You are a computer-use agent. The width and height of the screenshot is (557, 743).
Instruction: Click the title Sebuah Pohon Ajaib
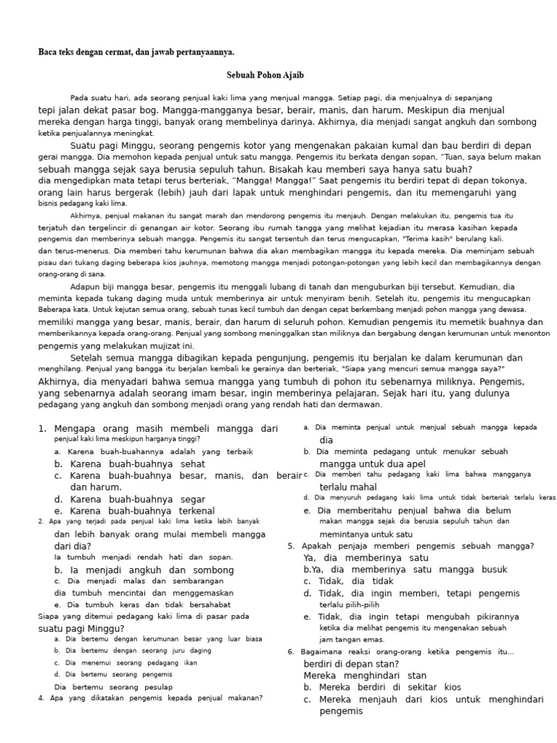pyautogui.click(x=265, y=75)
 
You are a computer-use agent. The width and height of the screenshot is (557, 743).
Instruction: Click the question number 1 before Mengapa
pyautogui.click(x=41, y=429)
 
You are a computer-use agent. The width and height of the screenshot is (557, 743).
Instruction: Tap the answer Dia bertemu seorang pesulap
pyautogui.click(x=114, y=686)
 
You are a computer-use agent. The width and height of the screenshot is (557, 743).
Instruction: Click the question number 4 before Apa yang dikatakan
pyautogui.click(x=41, y=698)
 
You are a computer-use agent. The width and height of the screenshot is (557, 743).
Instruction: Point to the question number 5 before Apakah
pyautogui.click(x=291, y=546)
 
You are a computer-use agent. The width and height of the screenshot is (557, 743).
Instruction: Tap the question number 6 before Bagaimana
pyautogui.click(x=291, y=652)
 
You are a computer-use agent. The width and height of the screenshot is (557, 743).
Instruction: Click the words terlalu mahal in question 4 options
pyautogui.click(x=348, y=487)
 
